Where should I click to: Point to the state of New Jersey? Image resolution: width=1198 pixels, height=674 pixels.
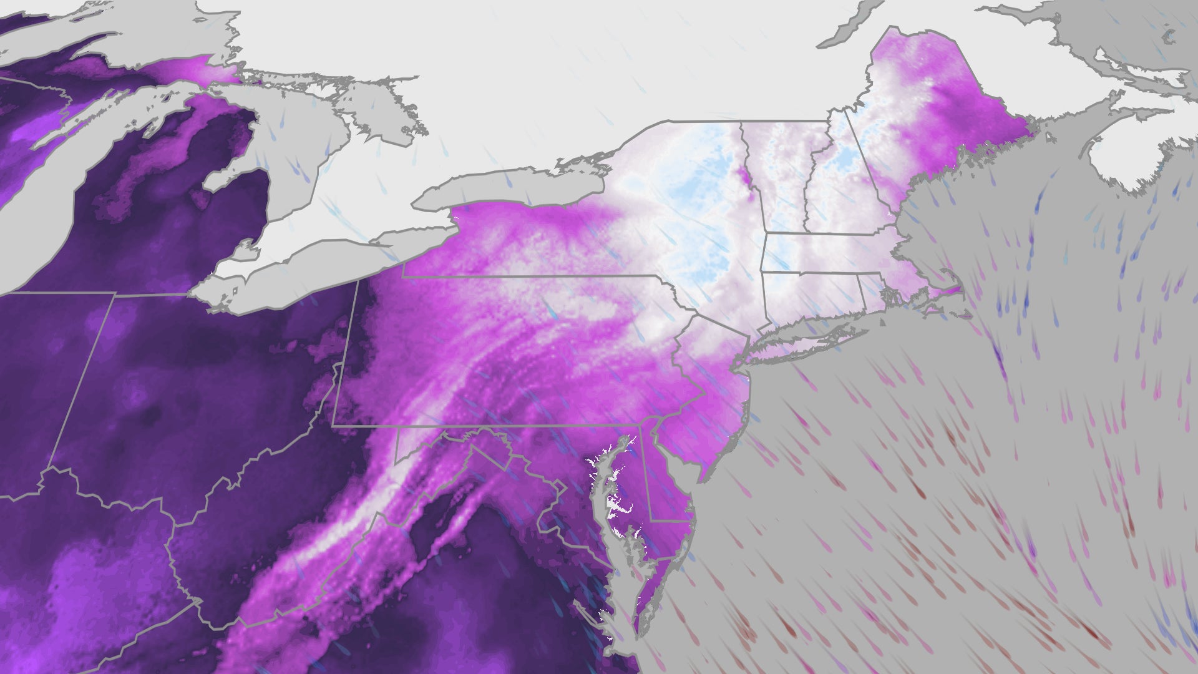pyautogui.click(x=724, y=399)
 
